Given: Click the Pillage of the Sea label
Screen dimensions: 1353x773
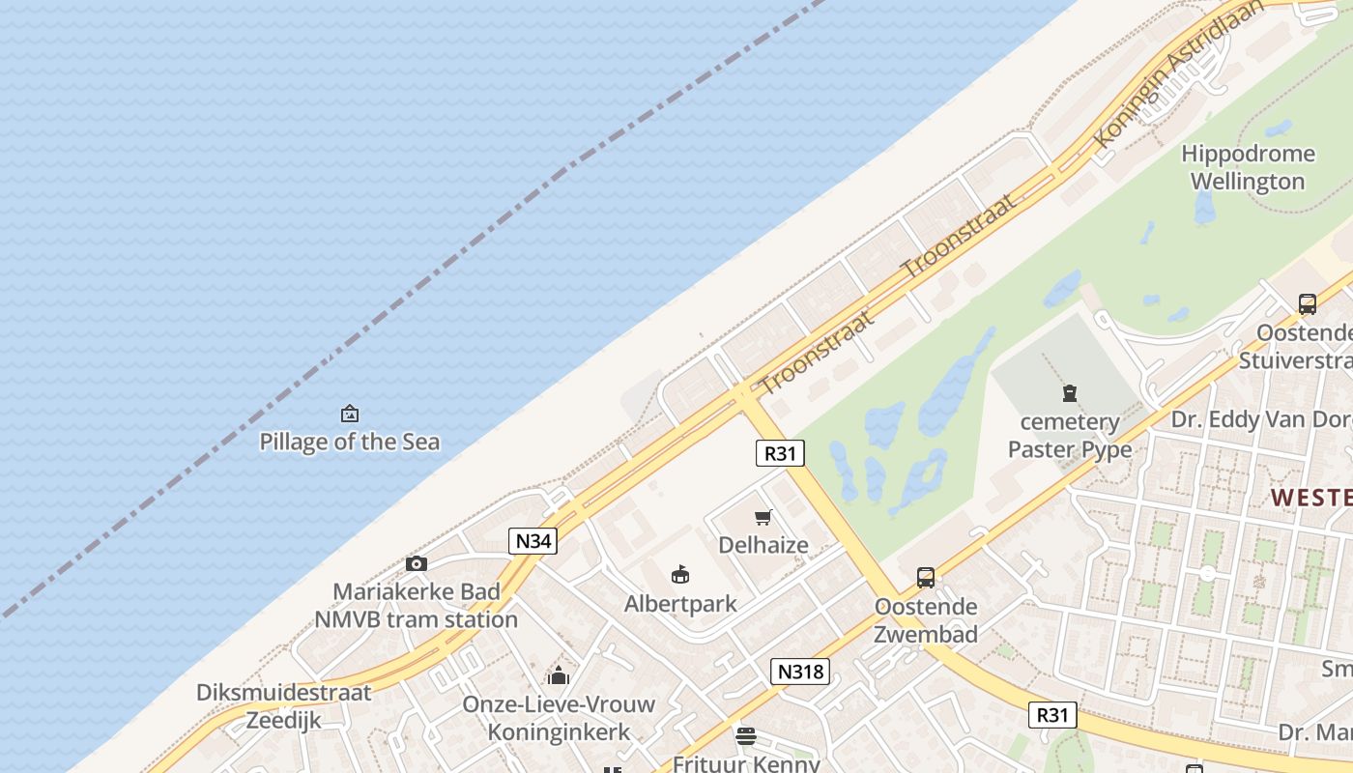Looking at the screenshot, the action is (x=349, y=443).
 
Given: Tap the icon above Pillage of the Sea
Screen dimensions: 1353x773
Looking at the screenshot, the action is (x=350, y=415).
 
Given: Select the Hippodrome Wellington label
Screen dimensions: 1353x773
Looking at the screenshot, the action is (x=1248, y=167).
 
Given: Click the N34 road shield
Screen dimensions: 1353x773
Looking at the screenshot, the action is (x=533, y=541).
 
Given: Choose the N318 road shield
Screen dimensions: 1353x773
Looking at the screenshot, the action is (x=800, y=671).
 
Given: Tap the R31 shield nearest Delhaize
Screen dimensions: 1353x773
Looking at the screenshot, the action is (x=779, y=453).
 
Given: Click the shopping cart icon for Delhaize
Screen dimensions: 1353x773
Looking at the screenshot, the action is (x=763, y=517).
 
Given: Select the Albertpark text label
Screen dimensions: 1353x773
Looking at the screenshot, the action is (x=680, y=604).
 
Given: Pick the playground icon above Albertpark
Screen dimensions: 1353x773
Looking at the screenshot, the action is (x=680, y=575).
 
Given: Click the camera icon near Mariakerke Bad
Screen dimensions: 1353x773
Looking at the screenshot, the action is (x=417, y=563).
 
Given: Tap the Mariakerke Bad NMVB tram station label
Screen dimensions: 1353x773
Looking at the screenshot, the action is (x=417, y=606).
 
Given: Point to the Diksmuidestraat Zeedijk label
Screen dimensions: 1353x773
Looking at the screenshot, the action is (x=283, y=706).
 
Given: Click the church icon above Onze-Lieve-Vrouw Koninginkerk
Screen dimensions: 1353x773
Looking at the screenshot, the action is (x=559, y=675).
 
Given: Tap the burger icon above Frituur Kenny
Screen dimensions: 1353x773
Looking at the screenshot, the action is (x=745, y=736).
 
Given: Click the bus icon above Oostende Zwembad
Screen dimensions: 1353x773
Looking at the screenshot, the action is (x=926, y=578).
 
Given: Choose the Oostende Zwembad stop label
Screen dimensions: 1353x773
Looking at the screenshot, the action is (x=926, y=620).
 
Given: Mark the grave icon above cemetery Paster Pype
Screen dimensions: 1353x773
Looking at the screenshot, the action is (x=1070, y=393).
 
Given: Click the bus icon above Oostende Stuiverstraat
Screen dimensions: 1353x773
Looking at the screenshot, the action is (x=1308, y=304).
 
